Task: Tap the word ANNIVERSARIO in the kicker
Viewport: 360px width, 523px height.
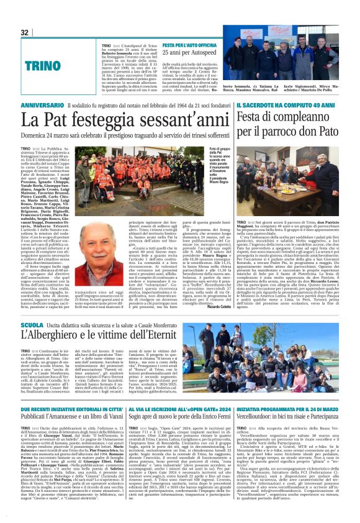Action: [x=42, y=107]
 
